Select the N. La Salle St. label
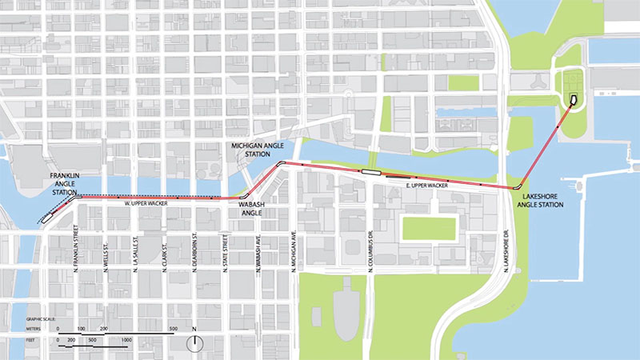pos(136,250)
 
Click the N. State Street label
pos(228,250)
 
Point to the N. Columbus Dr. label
pos(372,252)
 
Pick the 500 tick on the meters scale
pos(173,329)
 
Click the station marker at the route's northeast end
pos(573,99)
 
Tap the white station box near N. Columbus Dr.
pos(370,170)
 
